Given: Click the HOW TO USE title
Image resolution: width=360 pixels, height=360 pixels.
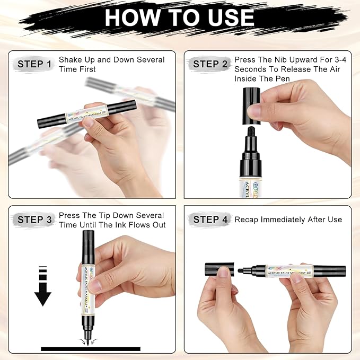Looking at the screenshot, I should pyautogui.click(x=179, y=17).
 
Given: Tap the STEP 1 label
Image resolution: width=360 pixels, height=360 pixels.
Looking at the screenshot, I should pyautogui.click(x=34, y=64).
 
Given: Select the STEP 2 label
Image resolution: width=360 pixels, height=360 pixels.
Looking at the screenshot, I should pyautogui.click(x=210, y=64).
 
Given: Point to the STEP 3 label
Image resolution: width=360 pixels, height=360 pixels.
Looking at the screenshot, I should pyautogui.click(x=34, y=219).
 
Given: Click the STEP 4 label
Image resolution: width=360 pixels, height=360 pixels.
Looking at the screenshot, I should pyautogui.click(x=210, y=219).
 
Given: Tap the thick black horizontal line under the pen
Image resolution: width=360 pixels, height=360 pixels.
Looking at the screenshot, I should pyautogui.click(x=91, y=348).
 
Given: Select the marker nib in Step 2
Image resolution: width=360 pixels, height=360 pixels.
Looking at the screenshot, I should pyautogui.click(x=251, y=132).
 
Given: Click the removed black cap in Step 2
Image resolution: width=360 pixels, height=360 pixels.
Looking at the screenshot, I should pyautogui.click(x=251, y=106).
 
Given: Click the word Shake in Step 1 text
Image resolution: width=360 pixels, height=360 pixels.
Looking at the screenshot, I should pyautogui.click(x=69, y=60).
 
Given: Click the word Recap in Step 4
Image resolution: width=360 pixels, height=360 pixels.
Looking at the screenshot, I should pyautogui.click(x=247, y=219).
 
